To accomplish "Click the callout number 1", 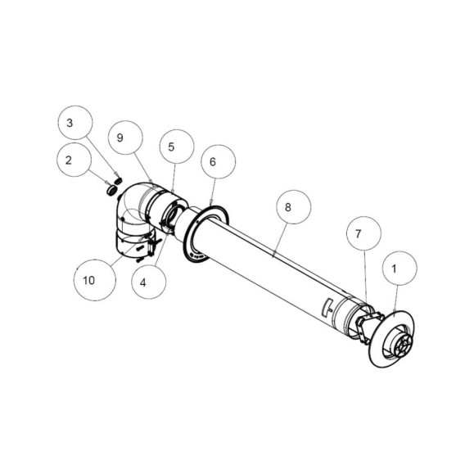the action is (x=394, y=269).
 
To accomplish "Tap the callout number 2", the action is (x=69, y=160).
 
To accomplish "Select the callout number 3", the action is (x=70, y=123).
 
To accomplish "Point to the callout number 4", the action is (x=143, y=282).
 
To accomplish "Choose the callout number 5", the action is (x=171, y=147).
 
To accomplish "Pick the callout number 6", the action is (x=213, y=162).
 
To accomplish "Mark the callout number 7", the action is (x=359, y=233).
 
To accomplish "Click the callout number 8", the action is (x=288, y=207).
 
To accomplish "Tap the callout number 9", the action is (x=120, y=138).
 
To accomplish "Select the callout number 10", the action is (x=89, y=281).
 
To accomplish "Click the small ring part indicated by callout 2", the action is (x=112, y=191).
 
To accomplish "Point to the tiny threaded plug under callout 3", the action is (x=119, y=180).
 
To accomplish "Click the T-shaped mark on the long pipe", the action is (x=328, y=308).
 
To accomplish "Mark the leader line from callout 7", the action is (x=365, y=278).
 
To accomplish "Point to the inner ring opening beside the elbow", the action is (x=171, y=215).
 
